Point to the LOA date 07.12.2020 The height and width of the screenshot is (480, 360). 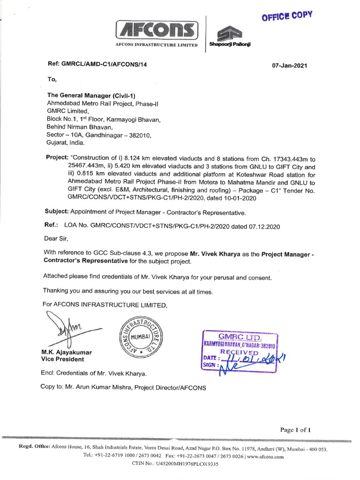(264, 226)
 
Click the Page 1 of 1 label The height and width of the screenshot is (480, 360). (295, 429)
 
